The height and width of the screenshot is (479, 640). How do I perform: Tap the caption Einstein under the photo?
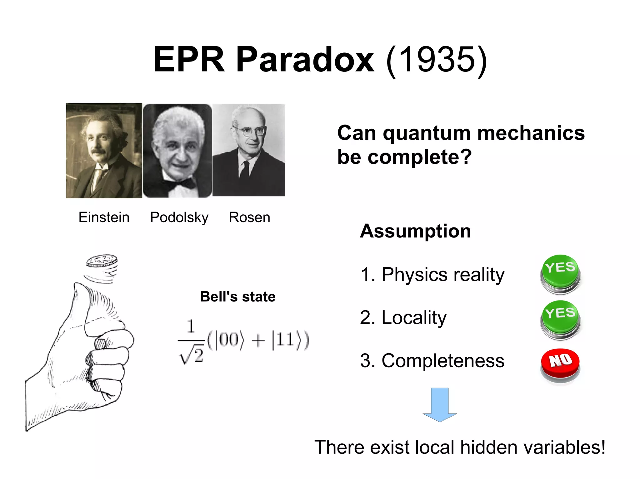tap(104, 217)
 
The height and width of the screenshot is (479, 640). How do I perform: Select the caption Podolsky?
tap(179, 218)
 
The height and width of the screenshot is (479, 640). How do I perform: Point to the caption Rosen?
tap(249, 217)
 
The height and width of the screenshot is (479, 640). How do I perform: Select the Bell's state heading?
tap(237, 296)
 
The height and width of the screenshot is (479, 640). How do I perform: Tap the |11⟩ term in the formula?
tap(283, 340)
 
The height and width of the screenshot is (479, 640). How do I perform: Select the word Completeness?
tap(443, 361)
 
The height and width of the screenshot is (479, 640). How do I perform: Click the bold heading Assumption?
tap(415, 231)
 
